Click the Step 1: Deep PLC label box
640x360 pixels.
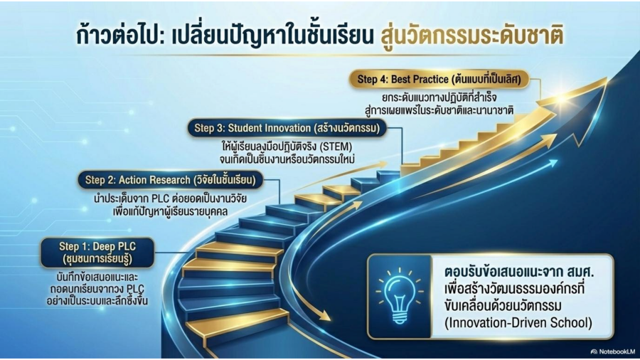click(x=97, y=253)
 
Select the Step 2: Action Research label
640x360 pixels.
click(x=171, y=180)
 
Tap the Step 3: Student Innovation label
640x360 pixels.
click(x=287, y=128)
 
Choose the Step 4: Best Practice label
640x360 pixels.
click(x=439, y=79)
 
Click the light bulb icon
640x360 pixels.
click(x=400, y=296)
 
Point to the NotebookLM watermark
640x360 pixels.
click(x=613, y=351)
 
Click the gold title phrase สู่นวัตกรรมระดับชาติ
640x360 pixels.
click(x=472, y=36)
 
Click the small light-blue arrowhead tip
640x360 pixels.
click(x=557, y=162)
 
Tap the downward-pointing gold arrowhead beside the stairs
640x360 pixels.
click(x=324, y=314)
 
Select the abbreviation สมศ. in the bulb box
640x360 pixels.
click(x=577, y=272)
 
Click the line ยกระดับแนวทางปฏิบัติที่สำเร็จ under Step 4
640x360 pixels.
click(x=439, y=98)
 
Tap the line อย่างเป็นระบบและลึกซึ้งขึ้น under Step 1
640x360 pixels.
click(x=97, y=302)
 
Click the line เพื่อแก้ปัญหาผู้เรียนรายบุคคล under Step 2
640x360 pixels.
click(x=170, y=212)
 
